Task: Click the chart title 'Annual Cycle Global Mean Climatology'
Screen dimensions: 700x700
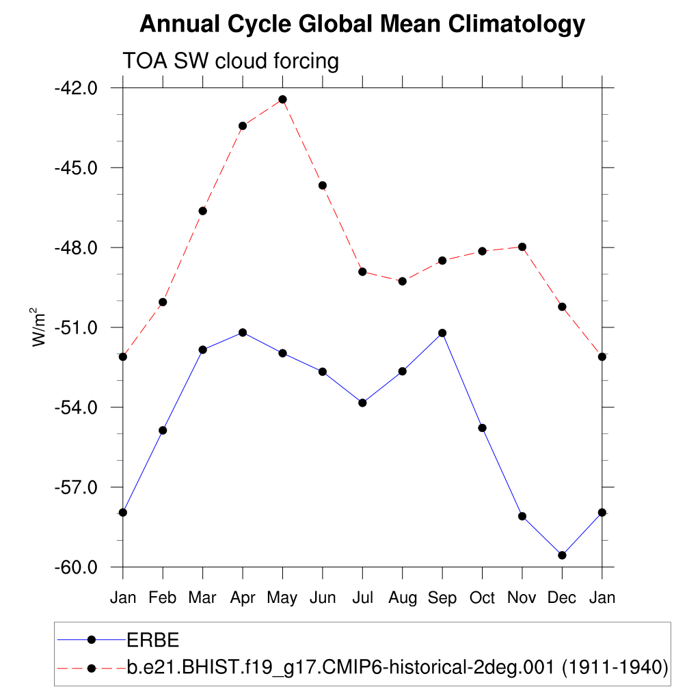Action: coord(362,25)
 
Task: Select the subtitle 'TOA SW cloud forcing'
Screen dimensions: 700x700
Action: coord(230,61)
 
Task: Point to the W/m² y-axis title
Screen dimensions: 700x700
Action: coord(40,327)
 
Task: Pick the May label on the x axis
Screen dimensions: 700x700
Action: coord(282,597)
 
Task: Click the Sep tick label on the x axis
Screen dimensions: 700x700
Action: coord(442,597)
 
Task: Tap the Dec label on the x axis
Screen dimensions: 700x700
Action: coord(562,597)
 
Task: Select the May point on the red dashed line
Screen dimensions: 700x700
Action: coord(282,99)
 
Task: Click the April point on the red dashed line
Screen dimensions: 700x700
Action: coord(243,126)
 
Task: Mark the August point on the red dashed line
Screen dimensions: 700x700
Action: coord(403,281)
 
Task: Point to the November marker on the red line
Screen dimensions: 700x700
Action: coord(522,247)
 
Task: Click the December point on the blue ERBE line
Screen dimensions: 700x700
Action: coord(562,555)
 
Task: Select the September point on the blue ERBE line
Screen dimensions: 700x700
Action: coord(442,333)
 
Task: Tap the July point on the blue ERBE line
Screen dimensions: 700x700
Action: coord(362,403)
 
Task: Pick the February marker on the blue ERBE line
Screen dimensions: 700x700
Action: coord(163,430)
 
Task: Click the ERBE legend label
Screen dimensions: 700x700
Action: coord(153,640)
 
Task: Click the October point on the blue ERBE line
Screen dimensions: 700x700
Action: coord(482,428)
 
